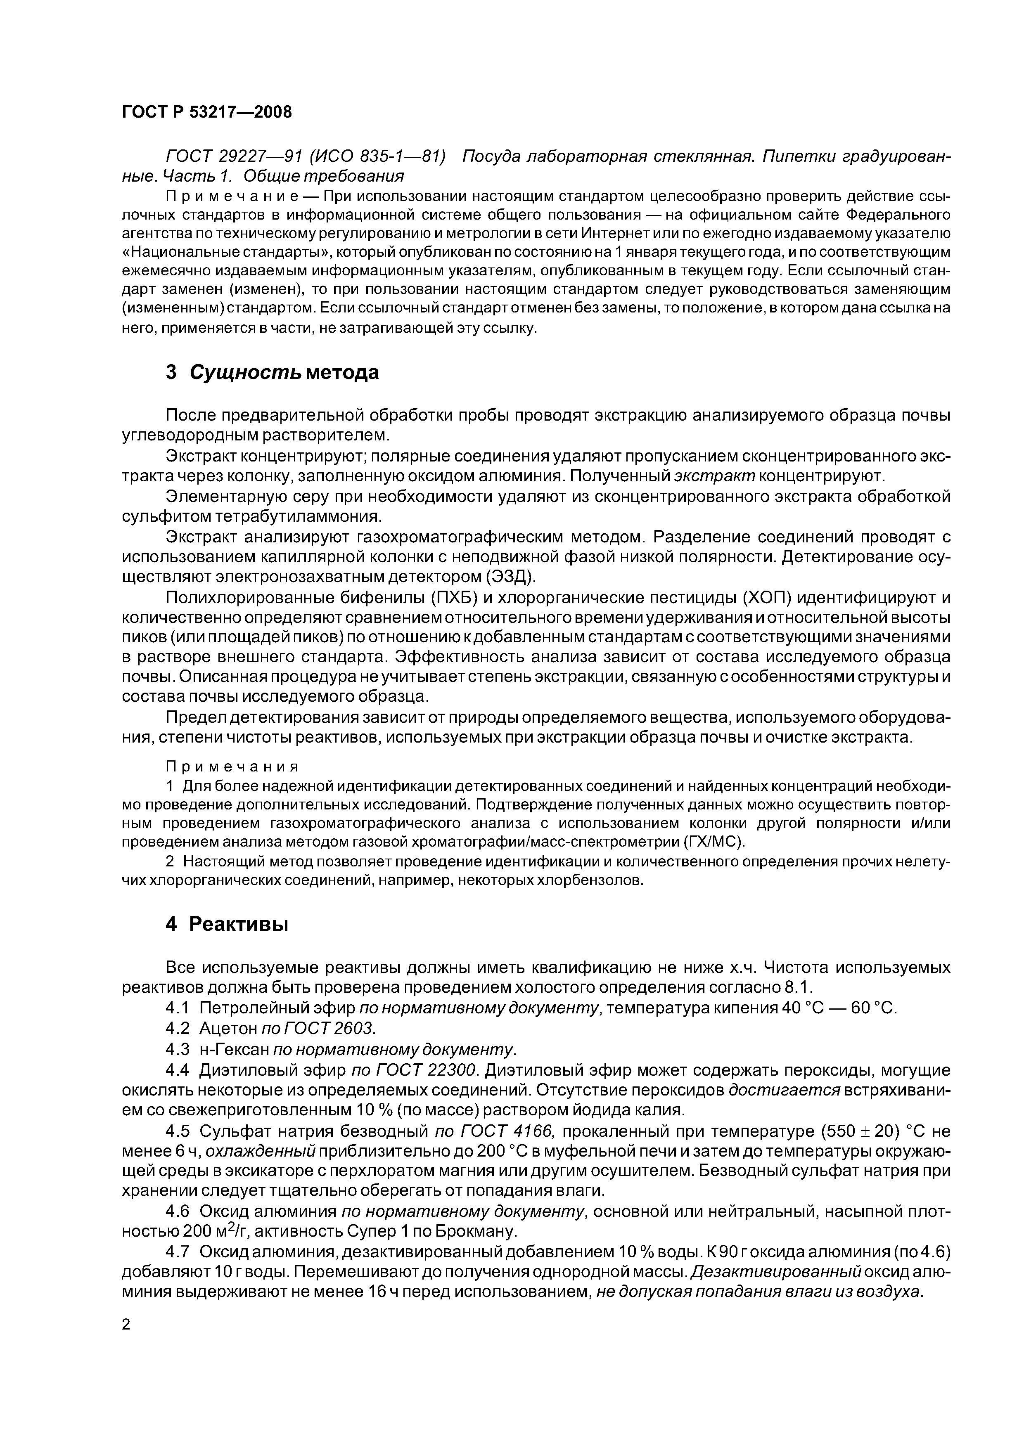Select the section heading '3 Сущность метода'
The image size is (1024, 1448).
(272, 373)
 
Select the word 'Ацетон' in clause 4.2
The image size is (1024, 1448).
(228, 1028)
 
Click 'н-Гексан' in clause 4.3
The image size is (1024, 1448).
(234, 1049)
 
